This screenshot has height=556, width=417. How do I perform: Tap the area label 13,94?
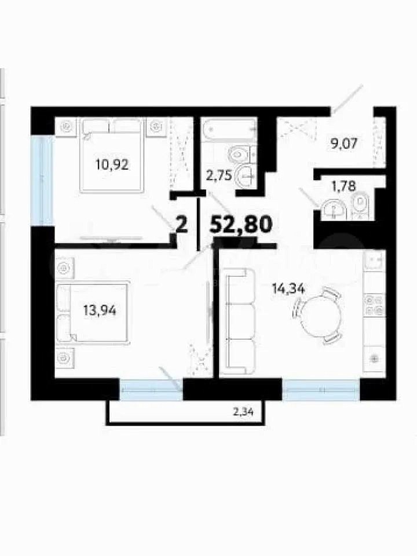[100, 310]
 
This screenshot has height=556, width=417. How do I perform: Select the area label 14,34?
[288, 289]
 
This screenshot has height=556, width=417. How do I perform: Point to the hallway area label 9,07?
[342, 144]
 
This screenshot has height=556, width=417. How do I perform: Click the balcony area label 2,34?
[244, 412]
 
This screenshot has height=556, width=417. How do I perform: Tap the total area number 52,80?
[242, 225]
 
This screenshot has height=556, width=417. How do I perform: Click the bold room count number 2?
[181, 225]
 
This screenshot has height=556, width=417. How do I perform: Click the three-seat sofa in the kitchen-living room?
[240, 321]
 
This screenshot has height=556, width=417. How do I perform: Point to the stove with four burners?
[375, 305]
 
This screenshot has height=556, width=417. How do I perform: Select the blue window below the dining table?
[321, 390]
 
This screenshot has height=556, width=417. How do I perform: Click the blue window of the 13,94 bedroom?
[151, 390]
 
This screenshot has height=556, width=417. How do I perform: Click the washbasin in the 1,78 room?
[334, 210]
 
